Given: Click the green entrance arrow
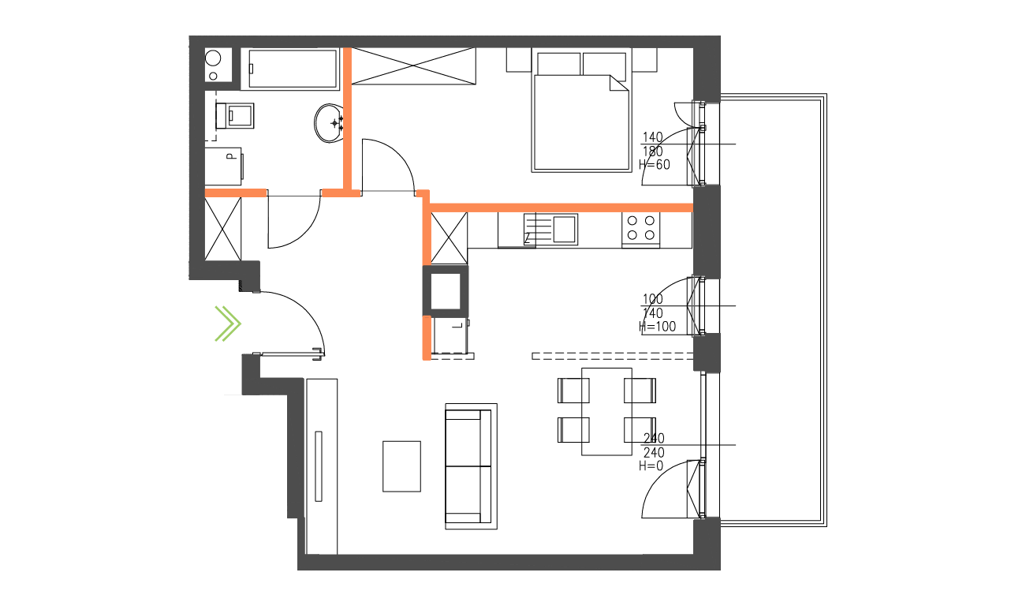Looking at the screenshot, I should tap(228, 323).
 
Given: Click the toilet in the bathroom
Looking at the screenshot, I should tap(237, 116).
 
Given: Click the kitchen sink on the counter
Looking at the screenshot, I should tap(565, 229).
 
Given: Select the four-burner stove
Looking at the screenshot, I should tap(641, 228).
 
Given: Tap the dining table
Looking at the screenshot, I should tap(606, 411).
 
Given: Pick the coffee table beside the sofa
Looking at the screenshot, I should tap(401, 466).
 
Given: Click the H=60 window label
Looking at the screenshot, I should tap(655, 165).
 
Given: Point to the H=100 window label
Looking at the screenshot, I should tap(658, 327).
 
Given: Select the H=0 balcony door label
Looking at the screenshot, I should tap(652, 466).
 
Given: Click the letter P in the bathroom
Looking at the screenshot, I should tap(230, 156).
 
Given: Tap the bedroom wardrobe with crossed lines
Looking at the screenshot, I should tap(414, 65).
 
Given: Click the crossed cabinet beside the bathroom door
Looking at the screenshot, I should tap(223, 227).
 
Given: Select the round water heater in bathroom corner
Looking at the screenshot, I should tap(214, 59).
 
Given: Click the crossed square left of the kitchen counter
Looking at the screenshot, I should tap(450, 238).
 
